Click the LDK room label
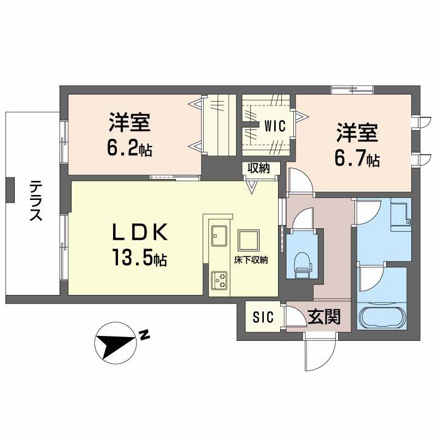pyautogui.click(x=140, y=232)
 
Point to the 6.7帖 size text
pyautogui.click(x=357, y=158)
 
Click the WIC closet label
pyautogui.click(x=275, y=126)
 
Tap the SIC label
pyautogui.click(x=263, y=317)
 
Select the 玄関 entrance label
pyautogui.click(x=324, y=317)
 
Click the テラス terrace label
pyautogui.click(x=36, y=200)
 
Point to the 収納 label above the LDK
pyautogui.click(x=259, y=168)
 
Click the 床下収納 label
pyautogui.click(x=251, y=260)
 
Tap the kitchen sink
pyautogui.click(x=219, y=236)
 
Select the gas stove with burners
pyautogui.click(x=219, y=280)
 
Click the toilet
pyautogui.click(x=302, y=265)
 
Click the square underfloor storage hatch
pyautogui.click(x=249, y=240)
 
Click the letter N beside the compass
pyautogui.click(x=144, y=335)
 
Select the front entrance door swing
pyautogui.click(x=321, y=352)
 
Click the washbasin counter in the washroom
pyautogui.click(x=401, y=214)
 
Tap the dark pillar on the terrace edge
pyautogui.click(x=10, y=190)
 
